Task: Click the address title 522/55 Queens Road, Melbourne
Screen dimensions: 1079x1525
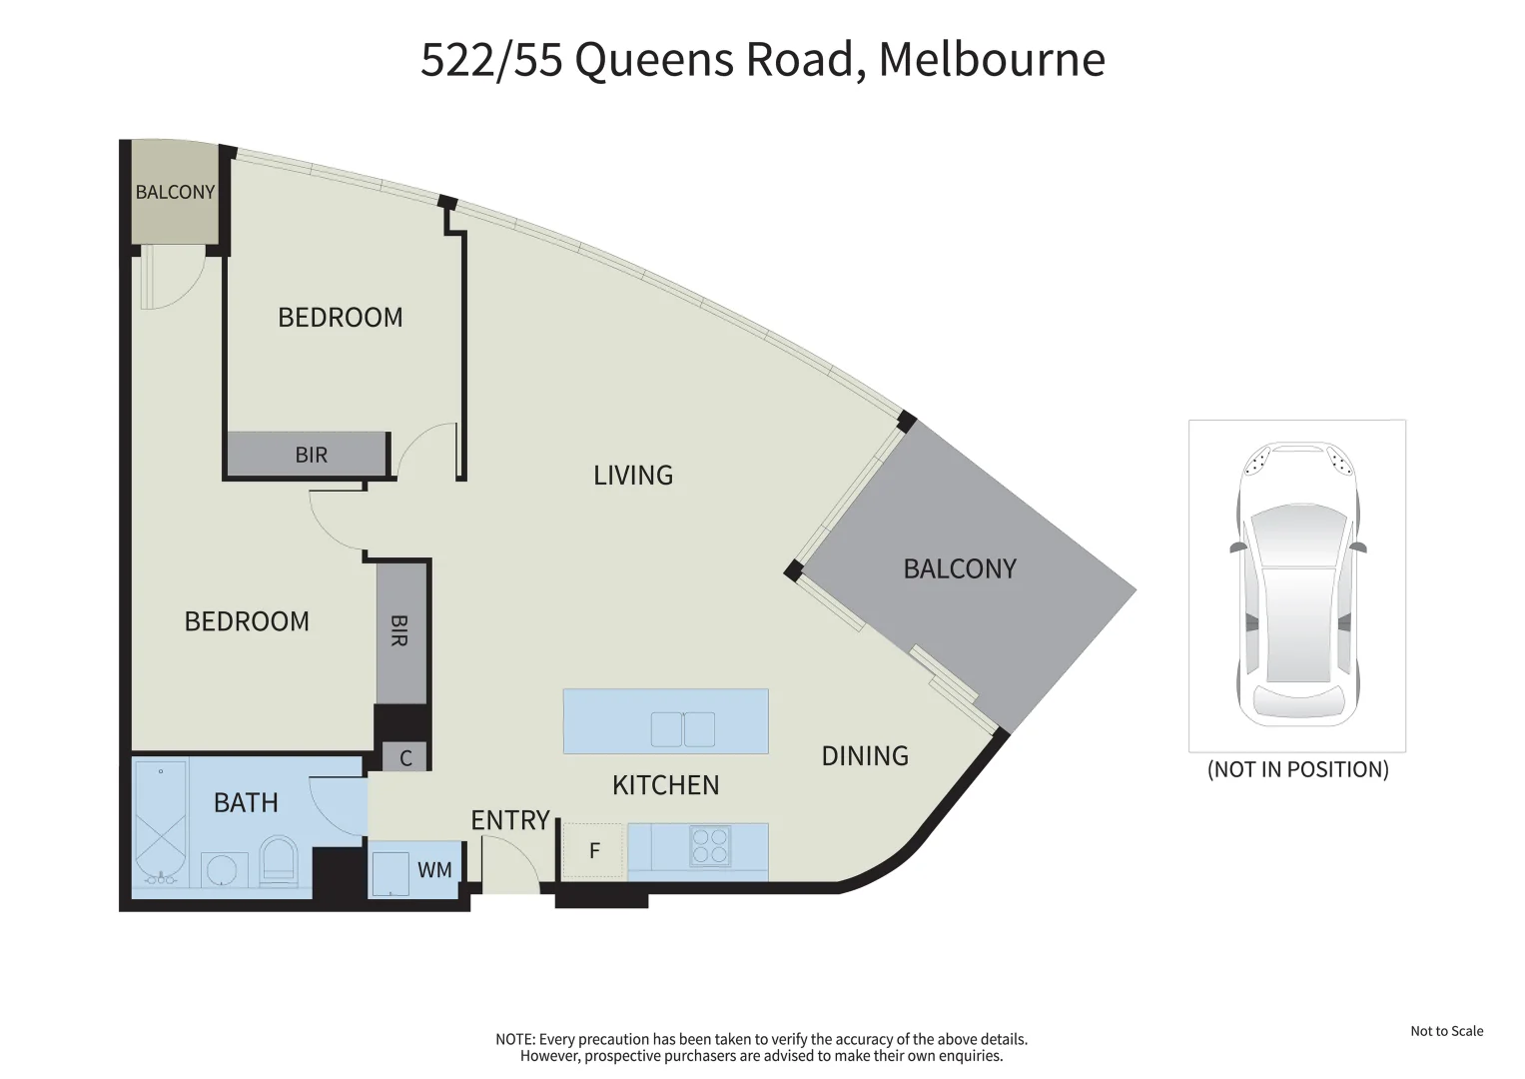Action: pyautogui.click(x=762, y=59)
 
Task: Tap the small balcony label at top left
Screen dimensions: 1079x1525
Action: pyautogui.click(x=175, y=192)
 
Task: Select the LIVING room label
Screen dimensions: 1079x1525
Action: pyautogui.click(x=633, y=476)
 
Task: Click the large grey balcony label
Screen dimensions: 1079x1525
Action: pyautogui.click(x=959, y=569)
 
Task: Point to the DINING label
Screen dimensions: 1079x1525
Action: pyautogui.click(x=865, y=756)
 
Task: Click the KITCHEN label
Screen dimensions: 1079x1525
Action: pyautogui.click(x=665, y=785)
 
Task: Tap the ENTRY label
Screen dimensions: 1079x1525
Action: pyautogui.click(x=510, y=820)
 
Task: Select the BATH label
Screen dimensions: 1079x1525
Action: pyautogui.click(x=246, y=802)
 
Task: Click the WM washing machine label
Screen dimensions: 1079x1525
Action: pyautogui.click(x=434, y=870)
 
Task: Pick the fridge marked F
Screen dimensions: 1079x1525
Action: pyautogui.click(x=594, y=851)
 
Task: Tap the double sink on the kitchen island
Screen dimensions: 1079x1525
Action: pyautogui.click(x=683, y=729)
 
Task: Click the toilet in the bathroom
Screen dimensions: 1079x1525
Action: pyautogui.click(x=278, y=861)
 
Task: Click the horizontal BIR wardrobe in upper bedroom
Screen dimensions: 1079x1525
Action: pyautogui.click(x=310, y=455)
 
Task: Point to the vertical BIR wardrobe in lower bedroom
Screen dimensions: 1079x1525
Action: pyautogui.click(x=399, y=631)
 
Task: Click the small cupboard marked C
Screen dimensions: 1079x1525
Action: pyautogui.click(x=405, y=758)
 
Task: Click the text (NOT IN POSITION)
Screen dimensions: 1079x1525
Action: pyautogui.click(x=1297, y=769)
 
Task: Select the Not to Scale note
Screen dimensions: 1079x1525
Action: pyautogui.click(x=1446, y=1031)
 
